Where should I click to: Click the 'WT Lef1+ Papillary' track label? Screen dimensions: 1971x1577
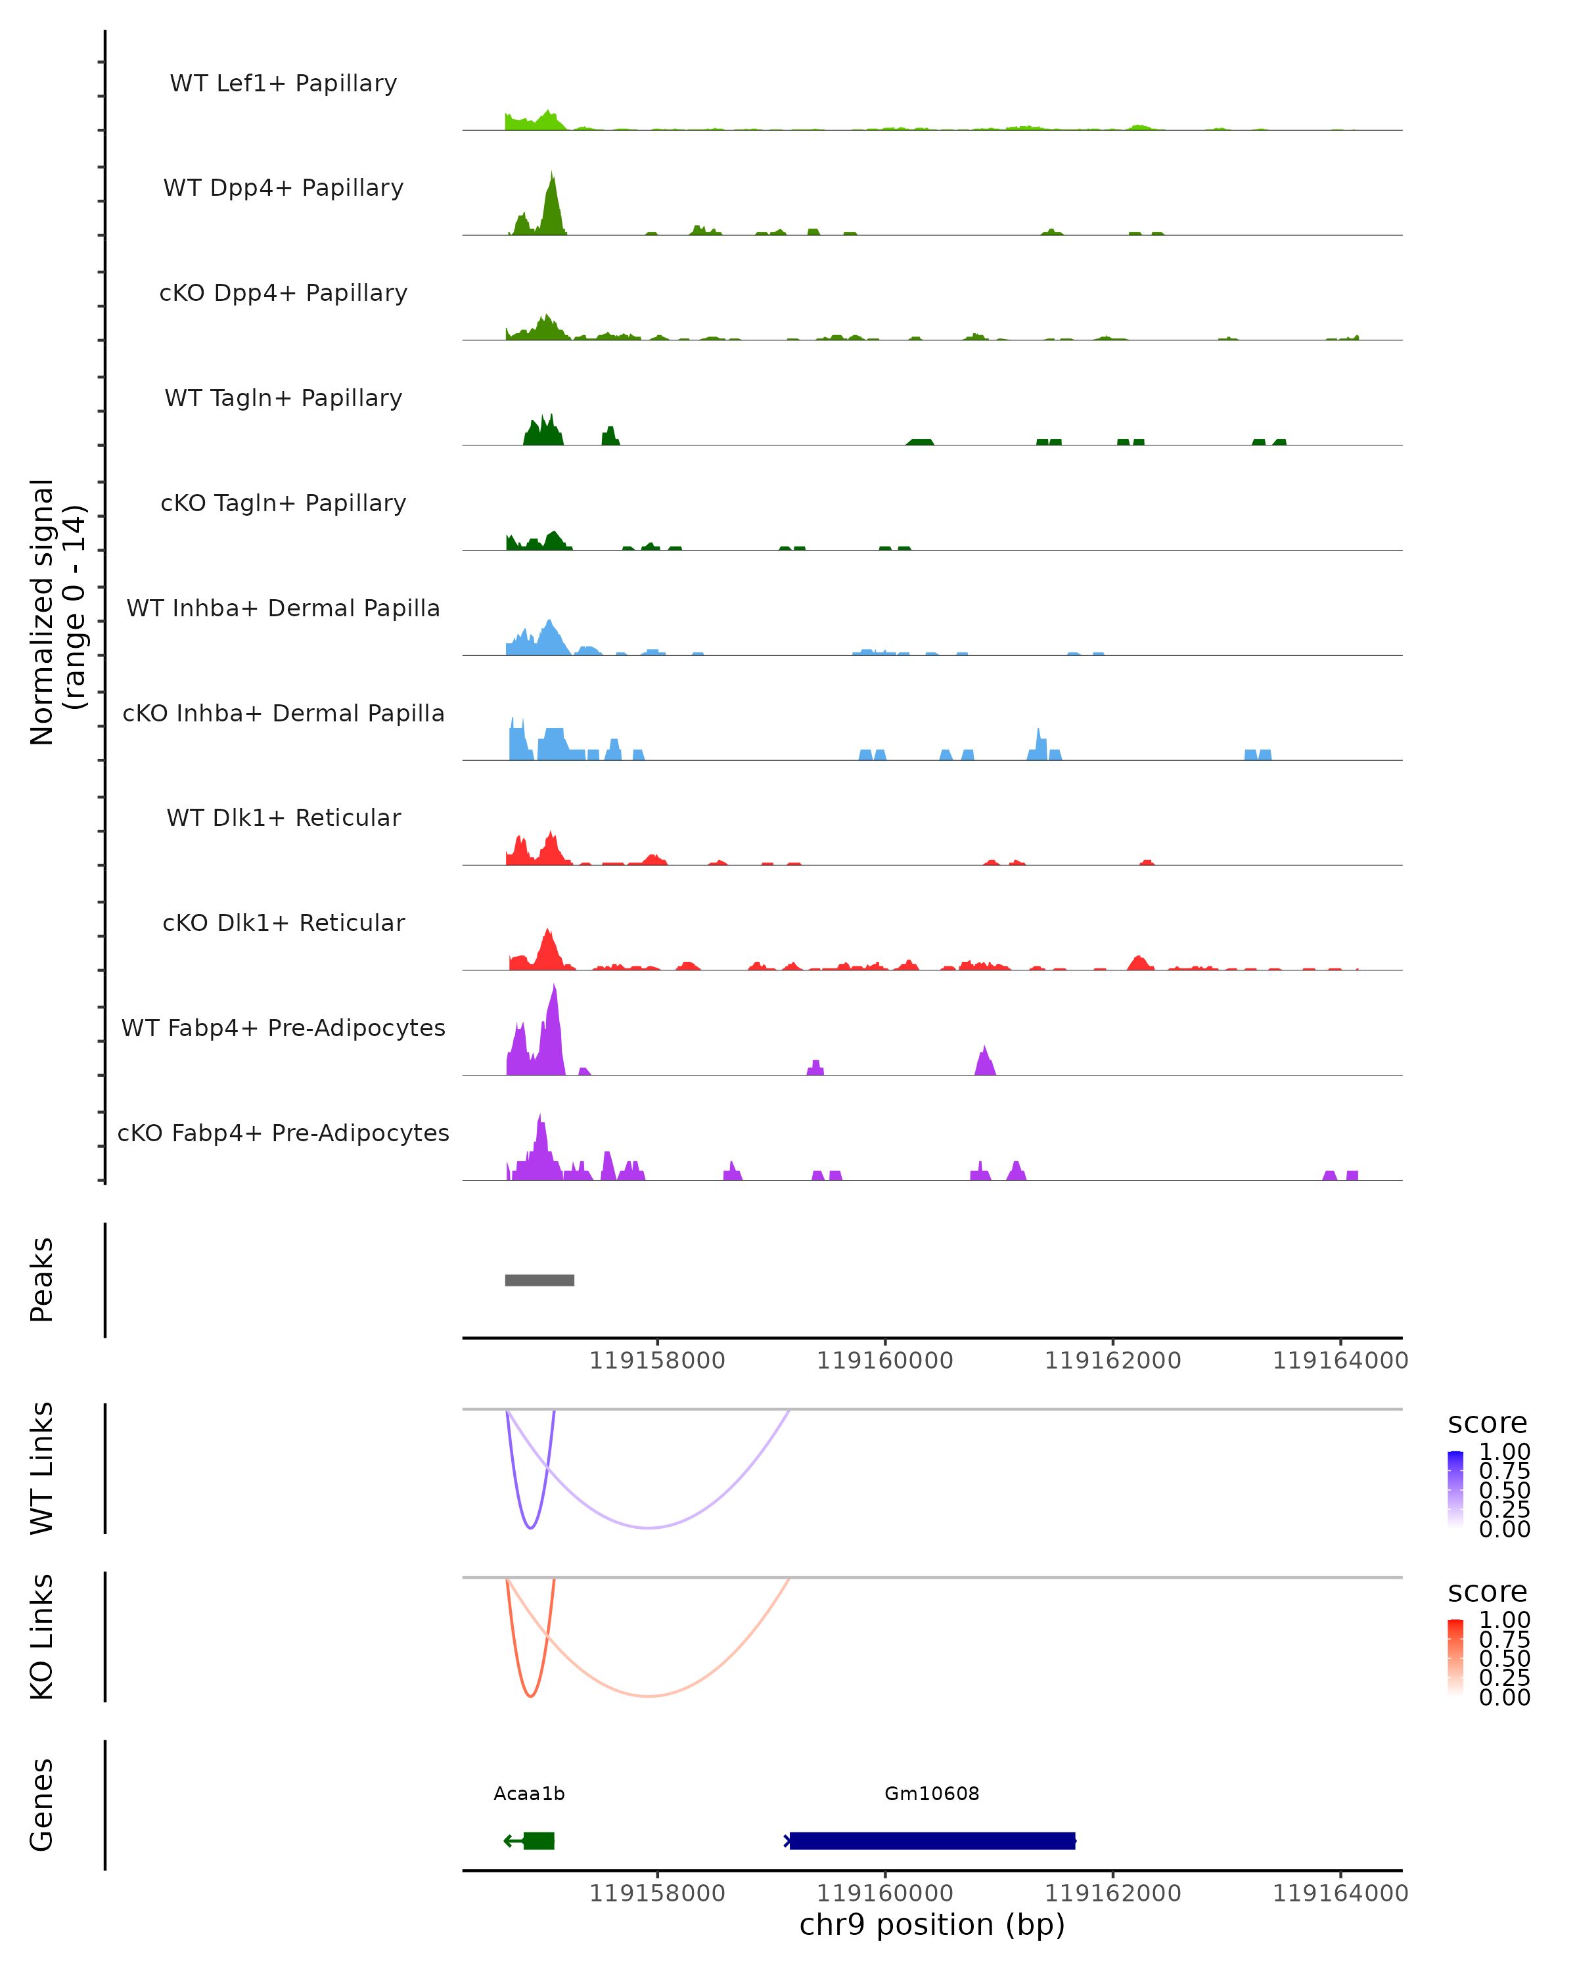click(283, 83)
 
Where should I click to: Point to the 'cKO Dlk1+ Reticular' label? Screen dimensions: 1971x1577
click(283, 922)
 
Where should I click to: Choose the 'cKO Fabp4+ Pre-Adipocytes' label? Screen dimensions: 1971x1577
click(283, 1133)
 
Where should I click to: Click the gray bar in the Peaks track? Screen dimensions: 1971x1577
click(539, 1280)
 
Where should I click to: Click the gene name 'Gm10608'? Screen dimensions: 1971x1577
click(932, 1794)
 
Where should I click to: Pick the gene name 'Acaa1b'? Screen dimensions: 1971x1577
click(530, 1794)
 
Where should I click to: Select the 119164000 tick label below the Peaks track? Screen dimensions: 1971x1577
click(1340, 1361)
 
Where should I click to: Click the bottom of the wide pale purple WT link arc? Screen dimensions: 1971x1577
click(648, 1528)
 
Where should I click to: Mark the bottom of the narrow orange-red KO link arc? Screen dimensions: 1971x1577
click(530, 1696)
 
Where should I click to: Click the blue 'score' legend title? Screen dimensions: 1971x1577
click(1486, 1424)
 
